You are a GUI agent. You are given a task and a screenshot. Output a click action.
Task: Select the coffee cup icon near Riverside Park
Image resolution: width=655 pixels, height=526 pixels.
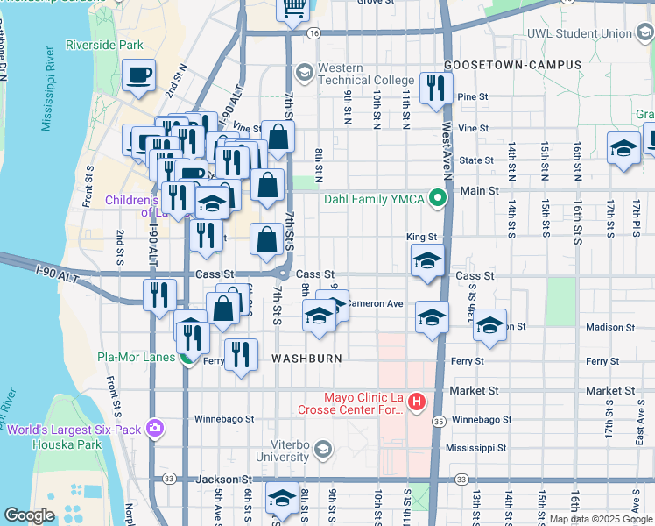138,75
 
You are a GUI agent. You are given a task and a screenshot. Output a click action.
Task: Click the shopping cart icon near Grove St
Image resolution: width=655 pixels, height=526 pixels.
292,8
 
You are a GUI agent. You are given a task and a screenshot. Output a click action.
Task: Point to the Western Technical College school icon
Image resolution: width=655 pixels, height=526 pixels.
305,71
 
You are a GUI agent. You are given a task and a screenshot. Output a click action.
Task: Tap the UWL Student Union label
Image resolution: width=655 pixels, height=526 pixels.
579,34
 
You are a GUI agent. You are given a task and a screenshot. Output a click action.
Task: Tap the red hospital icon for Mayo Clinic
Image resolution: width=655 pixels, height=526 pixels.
417,402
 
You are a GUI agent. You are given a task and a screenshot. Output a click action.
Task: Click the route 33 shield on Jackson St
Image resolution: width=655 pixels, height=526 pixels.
168,480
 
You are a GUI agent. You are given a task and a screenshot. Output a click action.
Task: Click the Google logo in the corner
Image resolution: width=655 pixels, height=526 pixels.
29,515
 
